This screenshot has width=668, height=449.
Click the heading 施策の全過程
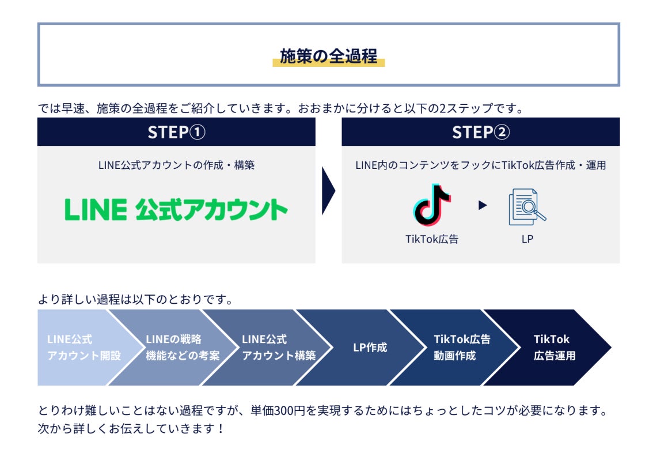328,56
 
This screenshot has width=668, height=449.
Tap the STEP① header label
176,132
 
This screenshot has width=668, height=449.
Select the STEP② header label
480,132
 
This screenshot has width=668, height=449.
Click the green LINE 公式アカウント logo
176,209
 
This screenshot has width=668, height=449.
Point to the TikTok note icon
432,205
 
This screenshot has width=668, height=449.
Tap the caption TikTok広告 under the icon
432,239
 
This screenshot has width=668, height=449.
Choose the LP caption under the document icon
527,239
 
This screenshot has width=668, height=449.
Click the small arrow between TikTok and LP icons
483,205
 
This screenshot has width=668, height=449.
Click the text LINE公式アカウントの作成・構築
176,165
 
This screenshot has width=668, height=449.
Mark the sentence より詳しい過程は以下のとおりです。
135,300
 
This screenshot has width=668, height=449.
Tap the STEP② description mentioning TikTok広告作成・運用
480,165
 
